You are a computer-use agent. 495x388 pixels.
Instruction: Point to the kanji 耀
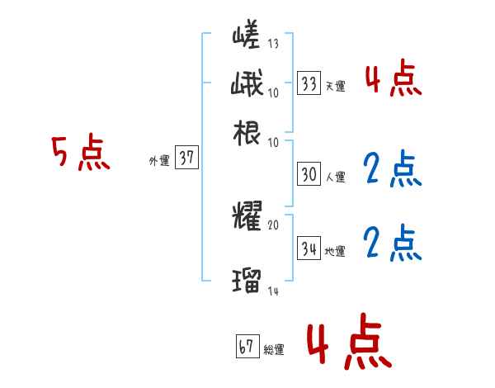coord(247,216)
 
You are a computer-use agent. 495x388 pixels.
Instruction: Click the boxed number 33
coord(309,83)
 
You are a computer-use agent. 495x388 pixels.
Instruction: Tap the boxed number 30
coord(309,174)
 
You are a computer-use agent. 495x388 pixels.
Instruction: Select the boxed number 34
coord(309,247)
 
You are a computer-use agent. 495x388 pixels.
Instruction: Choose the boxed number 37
coord(187,159)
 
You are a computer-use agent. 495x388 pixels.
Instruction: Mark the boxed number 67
coord(247,347)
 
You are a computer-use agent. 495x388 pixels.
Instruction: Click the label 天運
coord(334,86)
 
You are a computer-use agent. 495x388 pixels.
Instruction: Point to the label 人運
coord(334,177)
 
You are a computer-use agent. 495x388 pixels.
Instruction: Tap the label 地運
coord(334,249)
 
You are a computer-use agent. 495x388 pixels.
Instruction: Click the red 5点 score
coord(80,154)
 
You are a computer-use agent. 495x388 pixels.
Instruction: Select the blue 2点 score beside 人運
coord(392,169)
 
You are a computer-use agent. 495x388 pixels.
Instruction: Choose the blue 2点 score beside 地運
coord(392,243)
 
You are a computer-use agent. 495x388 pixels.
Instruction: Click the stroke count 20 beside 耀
coord(273,225)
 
